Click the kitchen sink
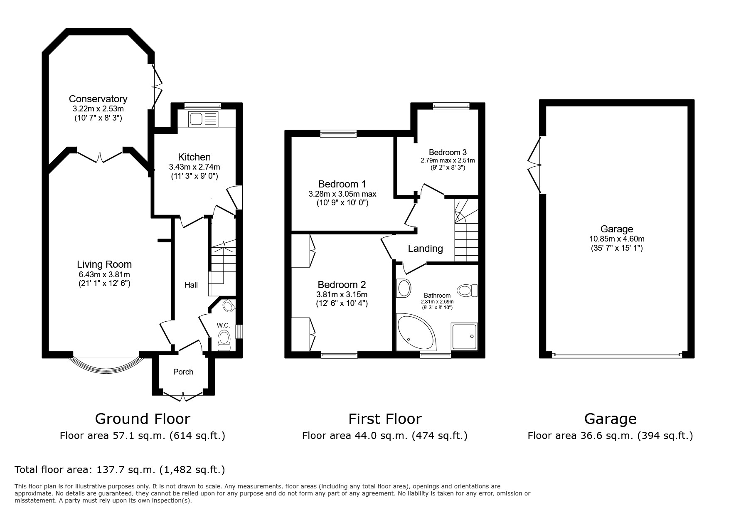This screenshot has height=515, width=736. click(x=203, y=119)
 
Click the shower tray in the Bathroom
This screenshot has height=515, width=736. click(x=464, y=336)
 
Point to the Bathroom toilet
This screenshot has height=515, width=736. click(x=468, y=290)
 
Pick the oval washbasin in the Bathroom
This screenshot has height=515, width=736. click(x=404, y=288)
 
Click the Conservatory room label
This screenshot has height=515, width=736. click(x=98, y=99)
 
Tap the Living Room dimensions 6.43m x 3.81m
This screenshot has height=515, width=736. click(x=104, y=275)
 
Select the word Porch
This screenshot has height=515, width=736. click(x=183, y=372)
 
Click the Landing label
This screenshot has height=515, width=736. click(x=425, y=249)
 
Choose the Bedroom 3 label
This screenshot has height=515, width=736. click(x=445, y=152)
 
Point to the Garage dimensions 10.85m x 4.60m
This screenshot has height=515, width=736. click(x=617, y=239)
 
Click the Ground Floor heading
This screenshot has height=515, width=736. click(x=143, y=419)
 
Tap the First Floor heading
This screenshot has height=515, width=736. click(x=385, y=419)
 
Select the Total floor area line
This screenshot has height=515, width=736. click(x=120, y=470)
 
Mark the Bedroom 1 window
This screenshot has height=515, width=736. click(x=338, y=133)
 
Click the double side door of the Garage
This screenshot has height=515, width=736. click(x=535, y=165)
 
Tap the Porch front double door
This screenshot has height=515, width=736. click(x=183, y=395)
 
